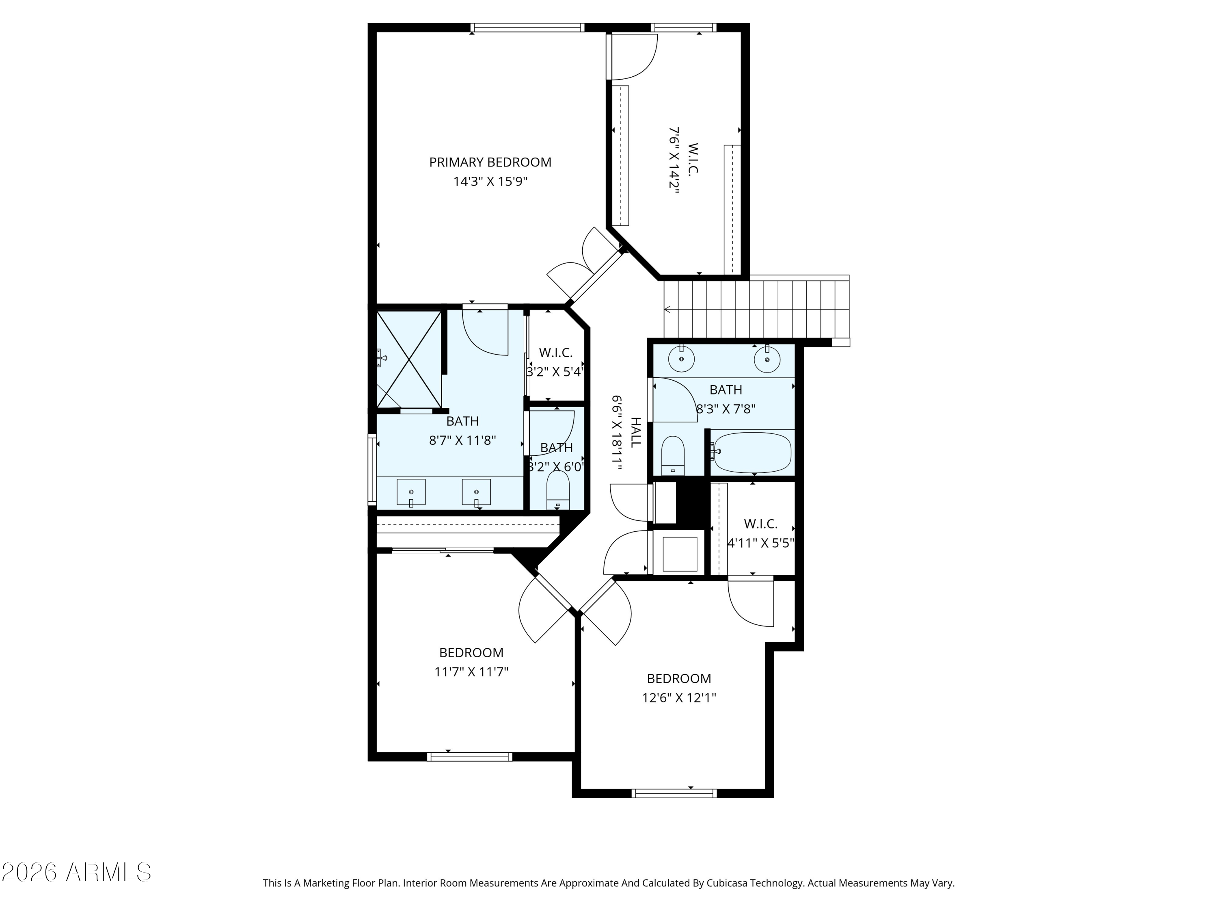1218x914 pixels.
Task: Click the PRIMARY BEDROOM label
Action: (490, 162)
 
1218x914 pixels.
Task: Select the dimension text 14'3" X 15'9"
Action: (490, 182)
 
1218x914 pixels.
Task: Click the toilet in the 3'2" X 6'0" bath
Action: (557, 490)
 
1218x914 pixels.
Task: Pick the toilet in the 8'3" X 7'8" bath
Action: (672, 455)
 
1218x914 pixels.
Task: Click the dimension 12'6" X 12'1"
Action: (679, 698)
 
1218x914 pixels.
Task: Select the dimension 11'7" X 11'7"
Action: (471, 672)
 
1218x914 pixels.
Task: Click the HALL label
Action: (636, 433)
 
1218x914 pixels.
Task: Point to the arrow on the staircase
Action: (668, 310)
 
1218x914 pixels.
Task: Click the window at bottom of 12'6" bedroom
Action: (674, 793)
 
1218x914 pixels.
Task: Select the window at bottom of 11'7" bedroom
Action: (469, 757)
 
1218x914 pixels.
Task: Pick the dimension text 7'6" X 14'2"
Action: (674, 160)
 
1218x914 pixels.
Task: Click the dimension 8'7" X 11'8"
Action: (462, 441)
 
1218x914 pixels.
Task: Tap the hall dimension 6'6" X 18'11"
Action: (617, 433)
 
